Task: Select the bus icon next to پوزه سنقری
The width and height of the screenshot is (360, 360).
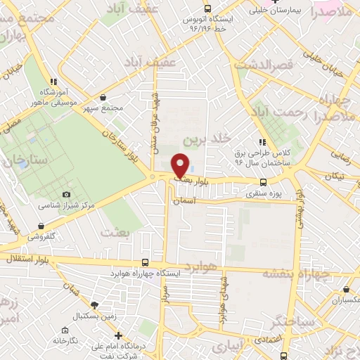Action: [x=263, y=181]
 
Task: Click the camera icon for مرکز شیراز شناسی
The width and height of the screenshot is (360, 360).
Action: [x=67, y=194]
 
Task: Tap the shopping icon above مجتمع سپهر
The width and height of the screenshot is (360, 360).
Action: [x=103, y=98]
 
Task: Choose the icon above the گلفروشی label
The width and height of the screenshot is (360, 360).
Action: [x=42, y=226]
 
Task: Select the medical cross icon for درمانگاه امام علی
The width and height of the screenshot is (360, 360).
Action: [x=119, y=335]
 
